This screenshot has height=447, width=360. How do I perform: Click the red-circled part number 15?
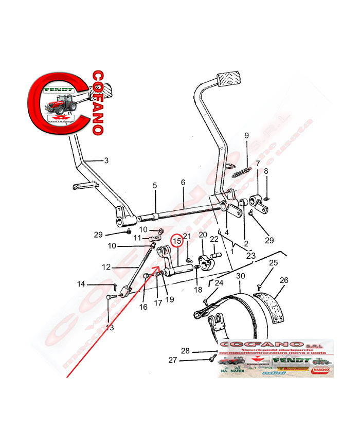click(x=177, y=241)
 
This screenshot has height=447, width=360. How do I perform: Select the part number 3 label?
click(x=106, y=160)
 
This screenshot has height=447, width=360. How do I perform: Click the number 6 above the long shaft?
click(x=183, y=182)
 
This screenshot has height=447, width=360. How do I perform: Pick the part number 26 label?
click(x=284, y=280)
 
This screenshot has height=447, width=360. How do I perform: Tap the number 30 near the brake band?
click(x=240, y=276)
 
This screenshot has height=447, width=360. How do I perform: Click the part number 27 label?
click(x=173, y=361)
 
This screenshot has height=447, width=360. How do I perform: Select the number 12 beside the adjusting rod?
click(x=106, y=267)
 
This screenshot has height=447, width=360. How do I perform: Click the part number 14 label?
click(x=81, y=284)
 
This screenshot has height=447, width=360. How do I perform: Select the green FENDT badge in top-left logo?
click(x=59, y=89)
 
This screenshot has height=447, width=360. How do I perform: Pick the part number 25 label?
click(x=274, y=263)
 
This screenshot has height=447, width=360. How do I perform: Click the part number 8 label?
click(x=266, y=171)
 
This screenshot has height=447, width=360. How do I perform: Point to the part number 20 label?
click(x=203, y=235)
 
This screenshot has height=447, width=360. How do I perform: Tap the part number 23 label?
click(x=250, y=256)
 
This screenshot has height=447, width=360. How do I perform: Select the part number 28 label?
click(x=185, y=351)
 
